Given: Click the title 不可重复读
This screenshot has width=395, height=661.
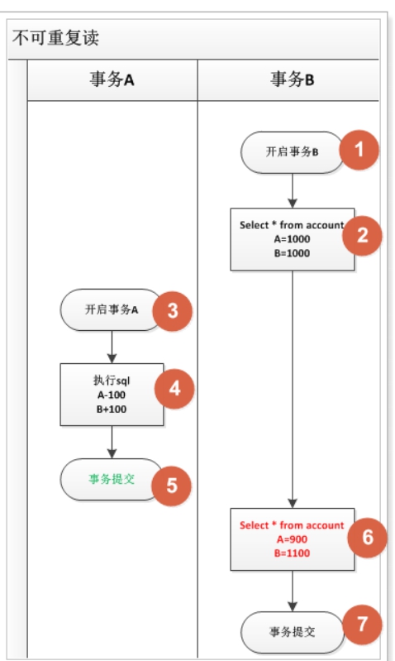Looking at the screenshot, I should pyautogui.click(x=56, y=39).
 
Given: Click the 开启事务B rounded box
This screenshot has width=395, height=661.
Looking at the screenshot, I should pyautogui.click(x=291, y=152).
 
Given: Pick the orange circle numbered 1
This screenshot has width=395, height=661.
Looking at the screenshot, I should pyautogui.click(x=360, y=151).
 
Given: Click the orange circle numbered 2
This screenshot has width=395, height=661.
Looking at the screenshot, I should pyautogui.click(x=362, y=235).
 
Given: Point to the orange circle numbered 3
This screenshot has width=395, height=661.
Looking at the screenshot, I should pyautogui.click(x=172, y=311).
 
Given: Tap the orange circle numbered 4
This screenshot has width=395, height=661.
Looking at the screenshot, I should pyautogui.click(x=173, y=387).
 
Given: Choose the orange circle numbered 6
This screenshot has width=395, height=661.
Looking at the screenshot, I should pyautogui.click(x=368, y=538).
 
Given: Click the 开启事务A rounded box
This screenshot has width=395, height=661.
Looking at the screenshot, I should pyautogui.click(x=110, y=310).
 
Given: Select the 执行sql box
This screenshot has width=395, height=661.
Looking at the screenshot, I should pyautogui.click(x=112, y=394).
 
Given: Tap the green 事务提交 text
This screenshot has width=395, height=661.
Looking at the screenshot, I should pyautogui.click(x=112, y=479).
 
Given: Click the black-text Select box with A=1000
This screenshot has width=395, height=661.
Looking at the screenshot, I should pyautogui.click(x=292, y=239).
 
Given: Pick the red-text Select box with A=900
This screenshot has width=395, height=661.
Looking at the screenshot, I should pyautogui.click(x=292, y=539).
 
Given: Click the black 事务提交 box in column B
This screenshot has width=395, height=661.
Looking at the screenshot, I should pyautogui.click(x=292, y=632).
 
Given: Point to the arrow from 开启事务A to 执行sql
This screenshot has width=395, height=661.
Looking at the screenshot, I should pyautogui.click(x=112, y=347).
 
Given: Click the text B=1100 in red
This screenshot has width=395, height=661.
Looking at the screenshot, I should pyautogui.click(x=292, y=553).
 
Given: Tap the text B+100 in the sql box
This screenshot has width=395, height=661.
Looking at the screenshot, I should pyautogui.click(x=112, y=409).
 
